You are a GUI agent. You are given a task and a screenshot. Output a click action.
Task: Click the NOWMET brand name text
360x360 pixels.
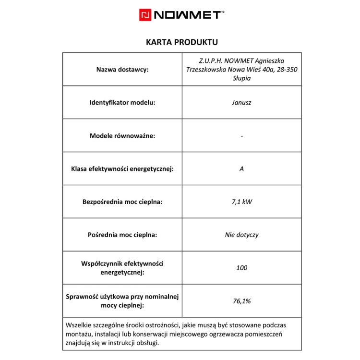pyautogui.click(x=188, y=15)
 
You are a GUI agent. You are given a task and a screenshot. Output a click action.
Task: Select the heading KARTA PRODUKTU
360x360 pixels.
pyautogui.click(x=181, y=42)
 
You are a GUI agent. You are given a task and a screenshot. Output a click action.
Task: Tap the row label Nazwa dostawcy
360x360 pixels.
pyautogui.click(x=122, y=70)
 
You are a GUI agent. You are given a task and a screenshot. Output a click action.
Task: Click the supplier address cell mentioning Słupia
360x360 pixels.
pyautogui.click(x=241, y=70)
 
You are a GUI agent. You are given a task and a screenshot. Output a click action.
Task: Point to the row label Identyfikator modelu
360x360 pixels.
pyautogui.click(x=122, y=103)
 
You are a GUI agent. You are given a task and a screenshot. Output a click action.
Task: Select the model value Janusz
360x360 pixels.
pyautogui.click(x=241, y=103)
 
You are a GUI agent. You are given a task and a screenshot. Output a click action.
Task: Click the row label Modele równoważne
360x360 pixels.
pyautogui.click(x=122, y=136)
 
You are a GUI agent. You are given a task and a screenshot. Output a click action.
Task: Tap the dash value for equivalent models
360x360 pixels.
pyautogui.click(x=241, y=136)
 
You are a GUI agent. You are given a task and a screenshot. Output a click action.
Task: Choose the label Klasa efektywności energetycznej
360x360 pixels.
pyautogui.click(x=122, y=169)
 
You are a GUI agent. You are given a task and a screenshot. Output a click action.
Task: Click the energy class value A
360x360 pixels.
pyautogui.click(x=241, y=169)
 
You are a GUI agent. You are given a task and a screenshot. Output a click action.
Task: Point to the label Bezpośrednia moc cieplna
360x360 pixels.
pyautogui.click(x=122, y=202)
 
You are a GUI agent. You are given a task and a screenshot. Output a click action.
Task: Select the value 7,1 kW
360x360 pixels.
pyautogui.click(x=241, y=202)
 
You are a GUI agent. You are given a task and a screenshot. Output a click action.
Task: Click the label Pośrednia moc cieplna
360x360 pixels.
pyautogui.click(x=122, y=235)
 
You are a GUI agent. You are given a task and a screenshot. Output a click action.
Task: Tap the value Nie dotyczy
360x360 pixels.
pyautogui.click(x=241, y=235)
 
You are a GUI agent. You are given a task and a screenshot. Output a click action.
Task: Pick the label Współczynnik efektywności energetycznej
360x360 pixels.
pyautogui.click(x=122, y=268)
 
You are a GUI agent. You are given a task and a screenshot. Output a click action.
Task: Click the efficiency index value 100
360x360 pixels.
pyautogui.click(x=241, y=268)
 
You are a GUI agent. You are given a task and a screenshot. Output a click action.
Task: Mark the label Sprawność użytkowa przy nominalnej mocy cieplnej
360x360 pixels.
pyautogui.click(x=122, y=301)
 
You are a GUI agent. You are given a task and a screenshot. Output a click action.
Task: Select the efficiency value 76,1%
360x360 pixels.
pyautogui.click(x=241, y=301)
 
